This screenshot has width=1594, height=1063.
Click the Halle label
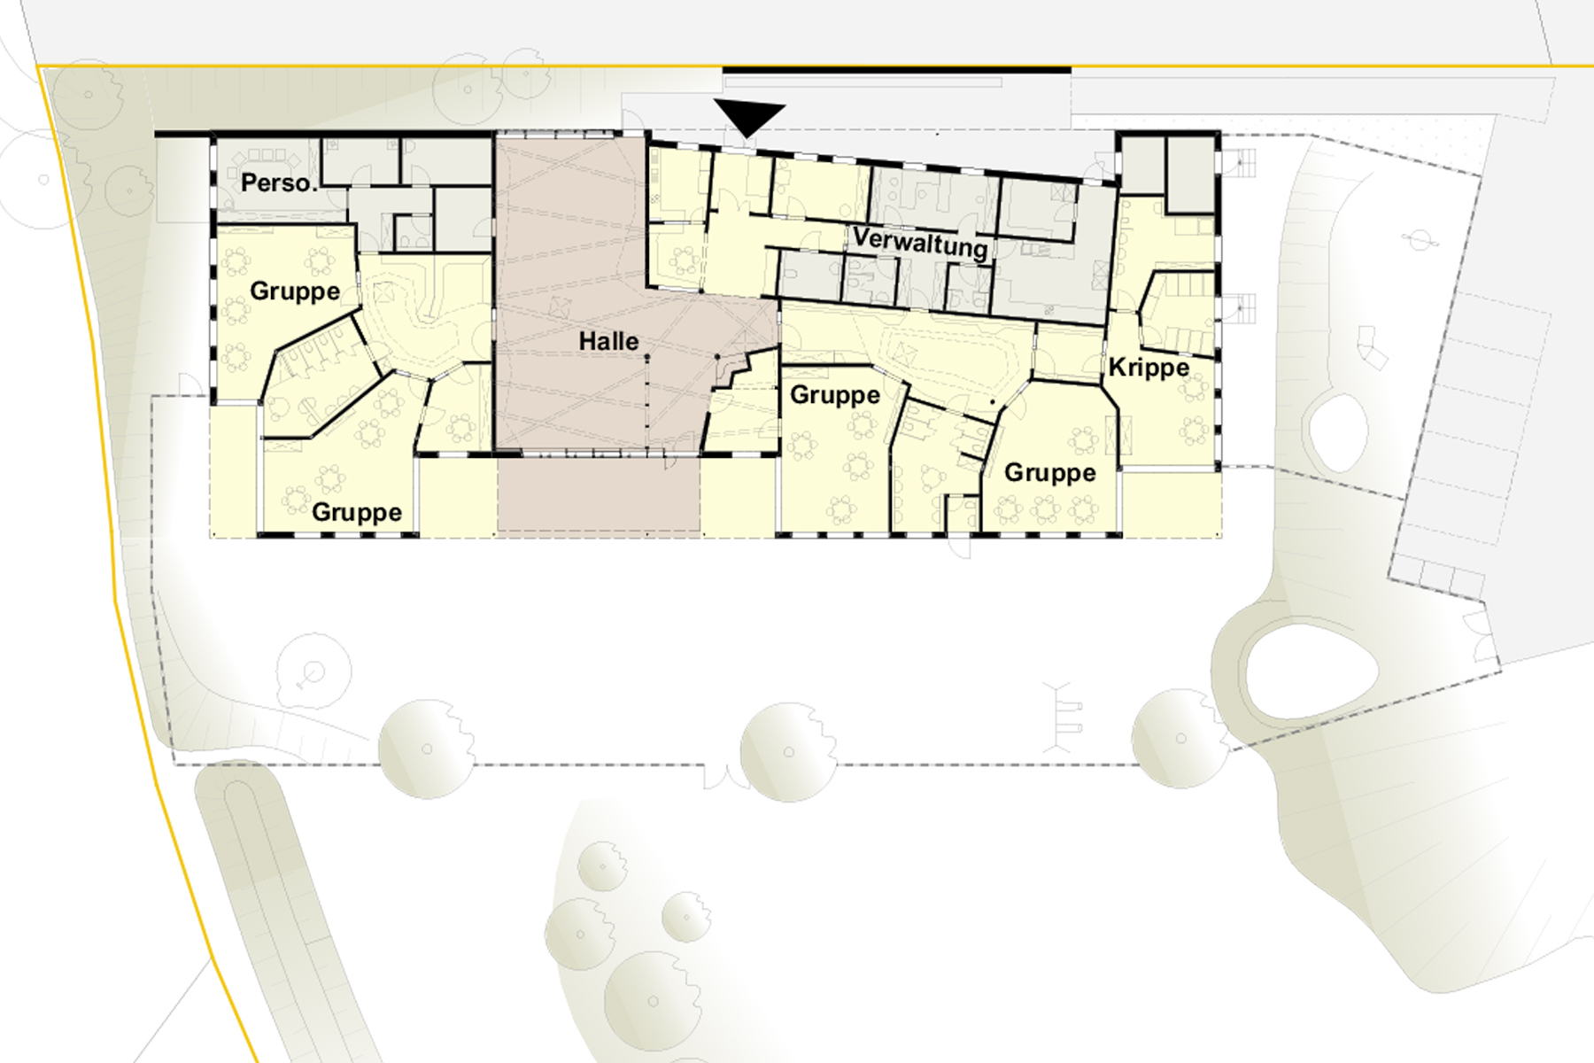pos(608,341)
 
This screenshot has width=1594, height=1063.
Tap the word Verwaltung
pos(920,242)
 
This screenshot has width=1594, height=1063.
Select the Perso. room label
pos(278,182)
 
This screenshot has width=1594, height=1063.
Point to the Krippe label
pos(1149,367)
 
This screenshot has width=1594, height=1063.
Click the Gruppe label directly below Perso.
pos(295,291)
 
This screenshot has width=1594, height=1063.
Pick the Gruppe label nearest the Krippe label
pos(1049,473)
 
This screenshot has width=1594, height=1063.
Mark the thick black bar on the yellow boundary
pos(896,69)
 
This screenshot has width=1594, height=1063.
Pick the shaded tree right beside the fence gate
pos(787,752)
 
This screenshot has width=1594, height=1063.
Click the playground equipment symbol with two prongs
pos(1062,718)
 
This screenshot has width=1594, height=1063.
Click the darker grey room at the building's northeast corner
pos(1190,175)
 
